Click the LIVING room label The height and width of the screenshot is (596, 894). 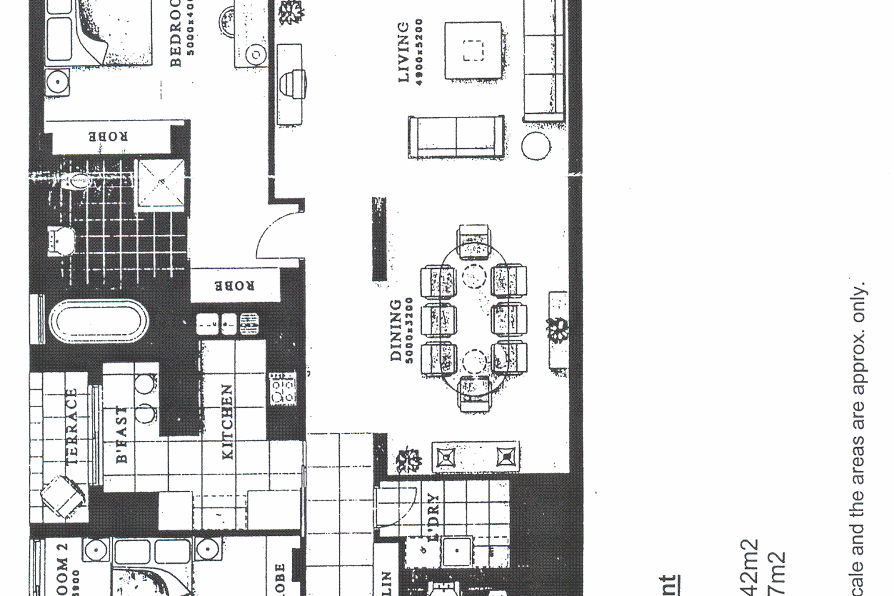click(403, 52)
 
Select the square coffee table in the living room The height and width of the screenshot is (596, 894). click(473, 51)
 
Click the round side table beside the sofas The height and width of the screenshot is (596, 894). click(536, 145)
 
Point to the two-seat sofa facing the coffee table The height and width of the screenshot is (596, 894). click(456, 136)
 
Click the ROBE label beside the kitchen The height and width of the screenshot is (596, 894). click(234, 285)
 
